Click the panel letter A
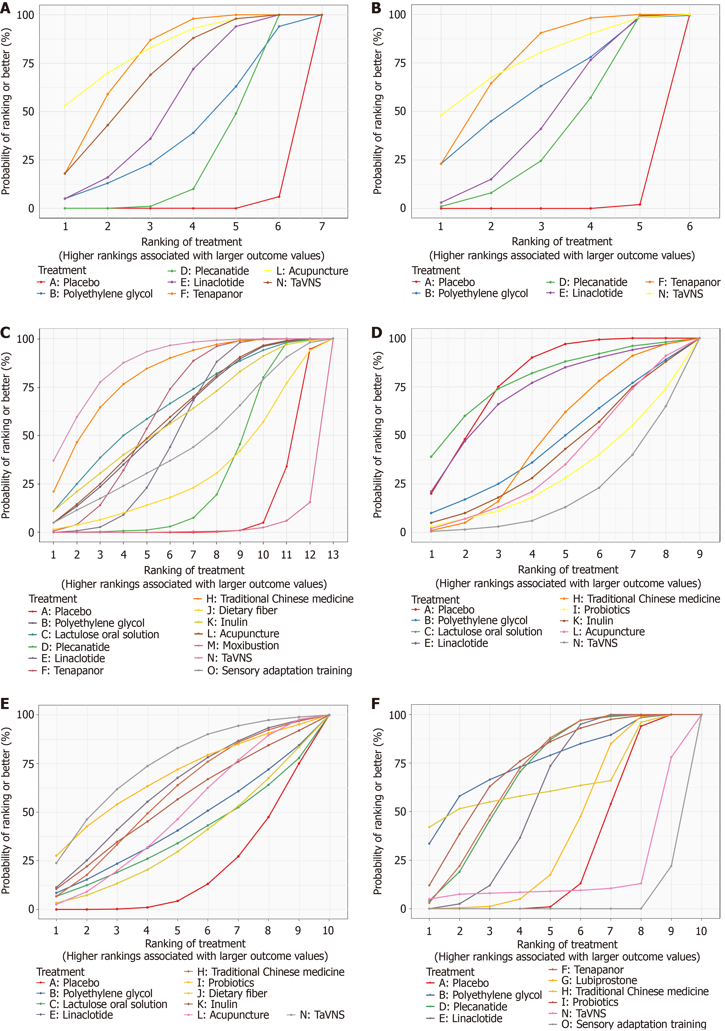(x=5, y=8)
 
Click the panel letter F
(x=376, y=703)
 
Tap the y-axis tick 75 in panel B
(x=399, y=63)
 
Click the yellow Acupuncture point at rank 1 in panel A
(x=65, y=106)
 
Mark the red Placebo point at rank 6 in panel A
(x=279, y=197)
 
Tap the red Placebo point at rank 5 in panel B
(x=640, y=205)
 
